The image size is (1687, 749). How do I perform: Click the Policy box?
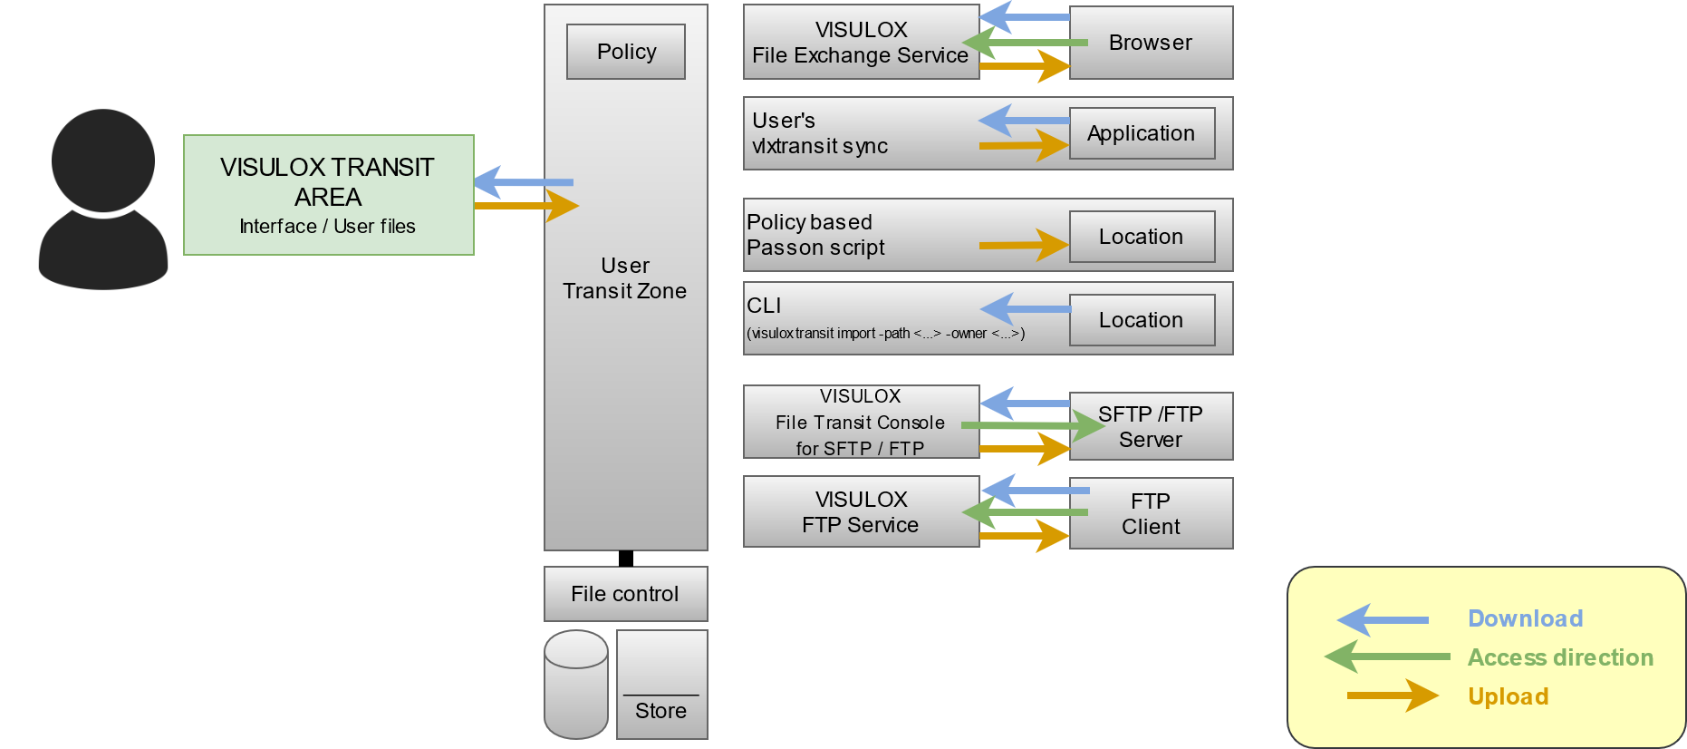(x=625, y=52)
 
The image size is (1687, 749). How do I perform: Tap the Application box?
(x=1142, y=133)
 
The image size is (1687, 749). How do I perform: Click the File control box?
(x=625, y=594)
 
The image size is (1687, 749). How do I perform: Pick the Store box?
(x=661, y=685)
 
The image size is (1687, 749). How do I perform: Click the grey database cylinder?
(x=576, y=685)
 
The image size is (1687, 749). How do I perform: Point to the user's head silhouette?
(x=103, y=160)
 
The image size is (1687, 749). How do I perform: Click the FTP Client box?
(x=1151, y=513)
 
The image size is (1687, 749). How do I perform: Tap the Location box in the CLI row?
(x=1142, y=320)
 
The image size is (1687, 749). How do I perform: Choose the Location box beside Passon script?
(x=1142, y=237)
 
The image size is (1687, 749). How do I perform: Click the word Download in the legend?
(x=1525, y=618)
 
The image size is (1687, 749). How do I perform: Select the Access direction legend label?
(x=1560, y=657)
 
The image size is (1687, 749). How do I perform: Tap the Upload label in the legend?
(x=1508, y=696)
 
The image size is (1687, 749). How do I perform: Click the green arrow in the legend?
(x=1386, y=657)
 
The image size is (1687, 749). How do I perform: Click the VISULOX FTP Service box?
(x=861, y=512)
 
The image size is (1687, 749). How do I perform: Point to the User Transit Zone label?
(x=625, y=278)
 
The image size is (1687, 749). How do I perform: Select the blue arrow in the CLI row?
(x=1025, y=309)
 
